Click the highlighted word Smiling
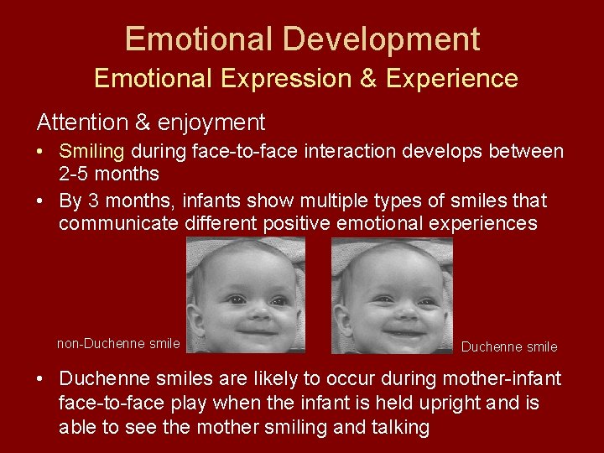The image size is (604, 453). (x=91, y=152)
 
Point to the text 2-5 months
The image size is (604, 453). (x=108, y=174)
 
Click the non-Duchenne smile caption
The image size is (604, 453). (x=118, y=343)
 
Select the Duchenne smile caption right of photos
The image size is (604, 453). (x=509, y=346)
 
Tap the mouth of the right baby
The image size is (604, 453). (x=402, y=331)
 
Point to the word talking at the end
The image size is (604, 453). (x=398, y=428)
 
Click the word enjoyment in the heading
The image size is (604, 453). (x=214, y=122)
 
